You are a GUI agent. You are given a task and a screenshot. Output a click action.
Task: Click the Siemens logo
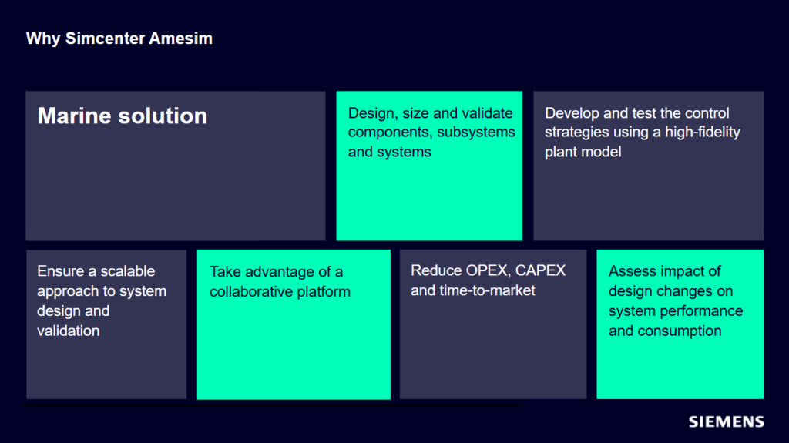[726, 421]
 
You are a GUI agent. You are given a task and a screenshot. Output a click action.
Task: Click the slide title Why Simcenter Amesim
[119, 39]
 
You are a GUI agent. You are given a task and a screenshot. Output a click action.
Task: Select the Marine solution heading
[123, 116]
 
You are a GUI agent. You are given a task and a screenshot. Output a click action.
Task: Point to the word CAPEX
[540, 271]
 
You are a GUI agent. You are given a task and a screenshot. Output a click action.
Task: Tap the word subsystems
[476, 133]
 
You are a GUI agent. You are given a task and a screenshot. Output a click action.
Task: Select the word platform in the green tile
[325, 292]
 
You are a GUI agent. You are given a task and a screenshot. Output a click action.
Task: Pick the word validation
[69, 331]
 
